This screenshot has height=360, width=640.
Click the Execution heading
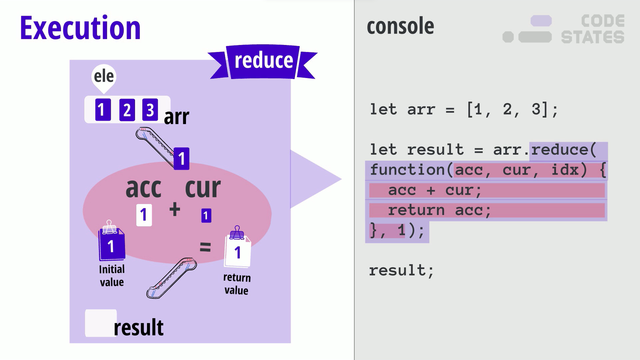pyautogui.click(x=80, y=28)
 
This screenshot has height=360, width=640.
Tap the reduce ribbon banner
pyautogui.click(x=263, y=61)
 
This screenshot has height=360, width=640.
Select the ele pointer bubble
pyautogui.click(x=104, y=77)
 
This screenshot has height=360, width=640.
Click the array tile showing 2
pyautogui.click(x=127, y=110)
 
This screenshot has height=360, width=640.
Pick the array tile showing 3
pyautogui.click(x=150, y=110)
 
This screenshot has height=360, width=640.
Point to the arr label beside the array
pyautogui.click(x=176, y=117)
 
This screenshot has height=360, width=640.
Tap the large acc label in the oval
pyautogui.click(x=144, y=188)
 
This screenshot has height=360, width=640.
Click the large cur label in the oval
pyautogui.click(x=203, y=188)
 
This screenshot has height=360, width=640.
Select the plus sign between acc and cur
pyautogui.click(x=175, y=210)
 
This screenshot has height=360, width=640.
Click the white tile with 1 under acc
pyautogui.click(x=144, y=215)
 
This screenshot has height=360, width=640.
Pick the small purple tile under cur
pyautogui.click(x=206, y=216)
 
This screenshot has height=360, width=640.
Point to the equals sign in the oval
pyautogui.click(x=205, y=247)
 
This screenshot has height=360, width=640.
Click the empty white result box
pyautogui.click(x=101, y=323)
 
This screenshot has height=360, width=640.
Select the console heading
pyautogui.click(x=400, y=26)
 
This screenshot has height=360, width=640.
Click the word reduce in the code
pyautogui.click(x=560, y=150)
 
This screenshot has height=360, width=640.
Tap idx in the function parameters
pyautogui.click(x=565, y=170)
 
